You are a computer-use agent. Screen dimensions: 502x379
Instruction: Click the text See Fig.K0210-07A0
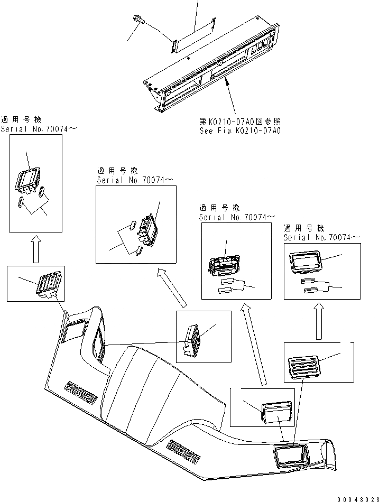click(241, 130)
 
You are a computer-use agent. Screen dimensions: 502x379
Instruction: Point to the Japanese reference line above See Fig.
click(241, 122)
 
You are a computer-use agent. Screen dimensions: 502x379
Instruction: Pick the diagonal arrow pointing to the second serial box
click(172, 287)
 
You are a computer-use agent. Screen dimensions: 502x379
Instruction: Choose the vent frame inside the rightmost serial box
click(304, 262)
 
